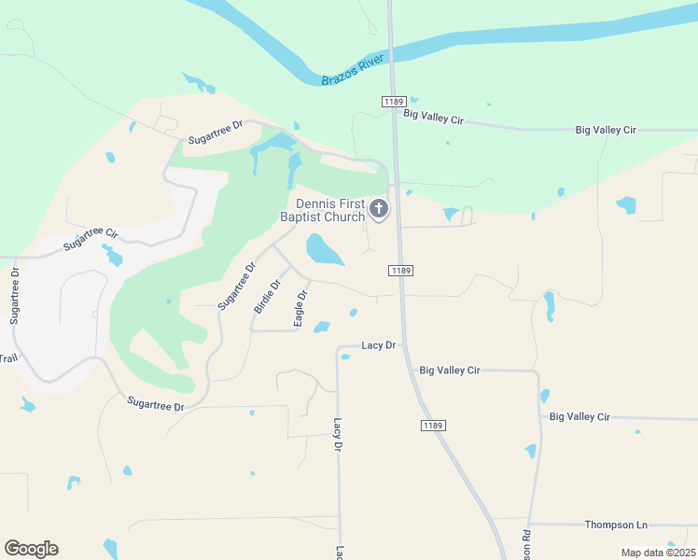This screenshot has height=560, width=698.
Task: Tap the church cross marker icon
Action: pyautogui.click(x=379, y=209)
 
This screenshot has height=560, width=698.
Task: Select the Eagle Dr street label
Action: pyautogui.click(x=300, y=308)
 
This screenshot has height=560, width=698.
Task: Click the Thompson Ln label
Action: pyautogui.click(x=615, y=525)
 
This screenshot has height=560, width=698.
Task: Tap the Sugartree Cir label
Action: pyautogui.click(x=91, y=240)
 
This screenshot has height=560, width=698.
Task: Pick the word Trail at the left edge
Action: pyautogui.click(x=8, y=358)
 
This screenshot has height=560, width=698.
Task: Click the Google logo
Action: pyautogui.click(x=31, y=549)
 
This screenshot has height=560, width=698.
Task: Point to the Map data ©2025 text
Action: pyautogui.click(x=658, y=553)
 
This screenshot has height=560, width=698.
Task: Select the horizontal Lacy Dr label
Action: pyautogui.click(x=378, y=345)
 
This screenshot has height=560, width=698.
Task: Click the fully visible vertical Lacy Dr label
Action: pyautogui.click(x=338, y=435)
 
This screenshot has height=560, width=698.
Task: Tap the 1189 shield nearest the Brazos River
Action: pyautogui.click(x=392, y=101)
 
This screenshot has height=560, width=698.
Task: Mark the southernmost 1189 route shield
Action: pyautogui.click(x=433, y=426)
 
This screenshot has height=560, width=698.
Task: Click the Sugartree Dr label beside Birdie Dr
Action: pyautogui.click(x=236, y=287)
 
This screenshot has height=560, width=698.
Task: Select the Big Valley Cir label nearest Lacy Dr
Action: pyautogui.click(x=449, y=371)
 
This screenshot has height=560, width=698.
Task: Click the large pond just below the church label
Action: pyautogui.click(x=324, y=249)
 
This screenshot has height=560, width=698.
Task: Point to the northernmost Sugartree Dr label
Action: pyautogui.click(x=215, y=132)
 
